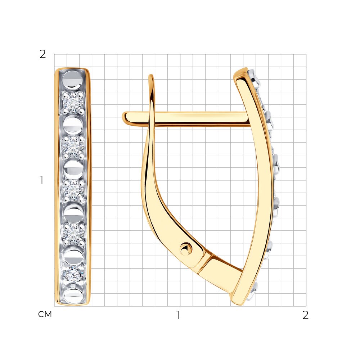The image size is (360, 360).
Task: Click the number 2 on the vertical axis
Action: (43, 54)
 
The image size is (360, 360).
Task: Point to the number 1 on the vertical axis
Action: (41, 180)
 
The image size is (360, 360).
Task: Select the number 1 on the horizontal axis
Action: (178, 315)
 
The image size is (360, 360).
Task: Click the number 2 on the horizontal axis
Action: (305, 315)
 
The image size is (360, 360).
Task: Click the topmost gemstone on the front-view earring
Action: (73, 102)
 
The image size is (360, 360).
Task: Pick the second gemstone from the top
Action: (73, 146)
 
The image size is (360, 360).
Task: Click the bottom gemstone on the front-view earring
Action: (73, 274)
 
